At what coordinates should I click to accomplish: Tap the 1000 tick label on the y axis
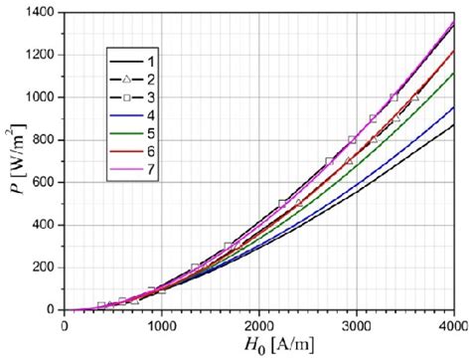click(x=45, y=97)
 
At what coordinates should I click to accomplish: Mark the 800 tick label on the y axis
click(x=48, y=140)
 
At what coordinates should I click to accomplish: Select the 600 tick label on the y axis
click(x=48, y=183)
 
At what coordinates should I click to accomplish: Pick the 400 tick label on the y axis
click(x=48, y=225)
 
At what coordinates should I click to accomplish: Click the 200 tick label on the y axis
click(x=48, y=268)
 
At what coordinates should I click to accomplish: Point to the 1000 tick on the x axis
click(x=162, y=323)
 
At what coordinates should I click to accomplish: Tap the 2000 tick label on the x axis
click(x=259, y=323)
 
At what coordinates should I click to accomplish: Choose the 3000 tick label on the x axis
click(x=357, y=323)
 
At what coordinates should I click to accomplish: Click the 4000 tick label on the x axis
click(x=452, y=323)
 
